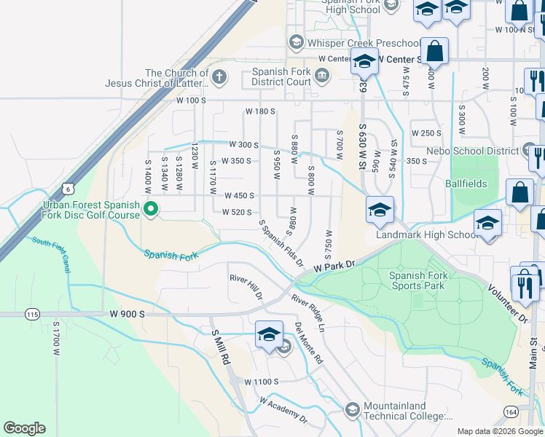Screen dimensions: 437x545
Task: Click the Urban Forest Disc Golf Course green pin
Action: (x=151, y=209)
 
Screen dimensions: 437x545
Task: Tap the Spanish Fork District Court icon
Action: (x=321, y=74)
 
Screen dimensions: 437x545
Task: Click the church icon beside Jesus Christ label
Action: (x=219, y=76)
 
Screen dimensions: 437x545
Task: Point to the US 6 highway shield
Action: (x=67, y=189)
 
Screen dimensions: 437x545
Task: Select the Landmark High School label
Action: (x=427, y=235)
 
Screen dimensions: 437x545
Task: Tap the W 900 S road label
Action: (x=128, y=313)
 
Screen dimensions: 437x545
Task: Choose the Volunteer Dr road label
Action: (x=508, y=305)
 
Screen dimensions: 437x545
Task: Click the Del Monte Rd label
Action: (x=309, y=344)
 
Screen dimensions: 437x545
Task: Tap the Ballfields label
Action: (x=466, y=184)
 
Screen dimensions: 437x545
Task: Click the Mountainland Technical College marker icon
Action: (x=352, y=409)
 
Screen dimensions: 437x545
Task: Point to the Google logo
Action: (x=24, y=428)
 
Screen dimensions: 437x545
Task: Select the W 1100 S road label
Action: (x=262, y=382)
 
